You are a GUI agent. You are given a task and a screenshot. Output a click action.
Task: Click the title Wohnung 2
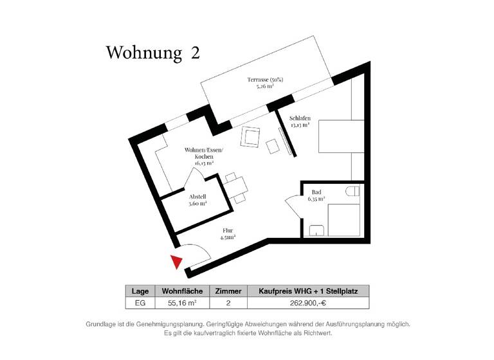[152, 53]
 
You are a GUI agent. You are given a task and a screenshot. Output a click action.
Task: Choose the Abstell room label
[197, 200]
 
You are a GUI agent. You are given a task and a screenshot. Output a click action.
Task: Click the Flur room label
[227, 233]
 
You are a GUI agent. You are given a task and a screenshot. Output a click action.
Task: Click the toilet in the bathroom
[352, 192]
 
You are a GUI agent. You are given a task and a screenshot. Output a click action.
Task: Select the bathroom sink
[316, 230]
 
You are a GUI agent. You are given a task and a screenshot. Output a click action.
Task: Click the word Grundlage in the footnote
[103, 325]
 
